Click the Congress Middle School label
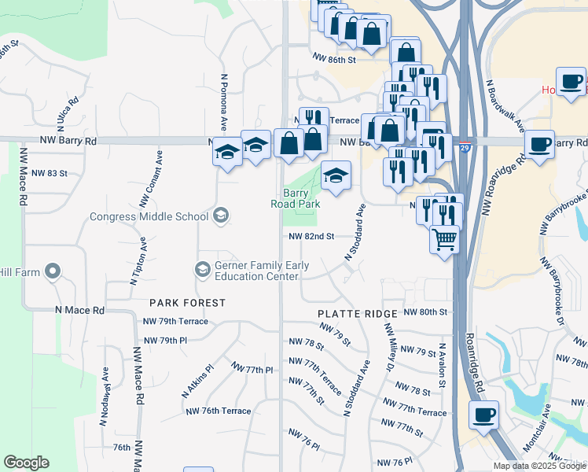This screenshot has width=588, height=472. click(149, 216)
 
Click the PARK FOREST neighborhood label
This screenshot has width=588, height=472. click(188, 303)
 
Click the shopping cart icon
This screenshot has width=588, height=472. click(445, 238)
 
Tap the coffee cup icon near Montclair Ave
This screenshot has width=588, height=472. click(483, 415)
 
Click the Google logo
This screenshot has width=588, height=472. click(26, 463)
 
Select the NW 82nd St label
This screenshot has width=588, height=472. click(311, 236)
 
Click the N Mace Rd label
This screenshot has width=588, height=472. click(78, 311)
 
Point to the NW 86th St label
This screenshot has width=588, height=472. click(334, 58)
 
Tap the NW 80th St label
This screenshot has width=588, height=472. click(424, 312)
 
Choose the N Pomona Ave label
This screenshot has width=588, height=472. click(224, 102)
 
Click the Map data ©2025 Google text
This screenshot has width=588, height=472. click(538, 466)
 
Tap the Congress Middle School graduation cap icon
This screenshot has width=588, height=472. click(222, 216)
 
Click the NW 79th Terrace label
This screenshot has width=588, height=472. click(175, 322)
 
